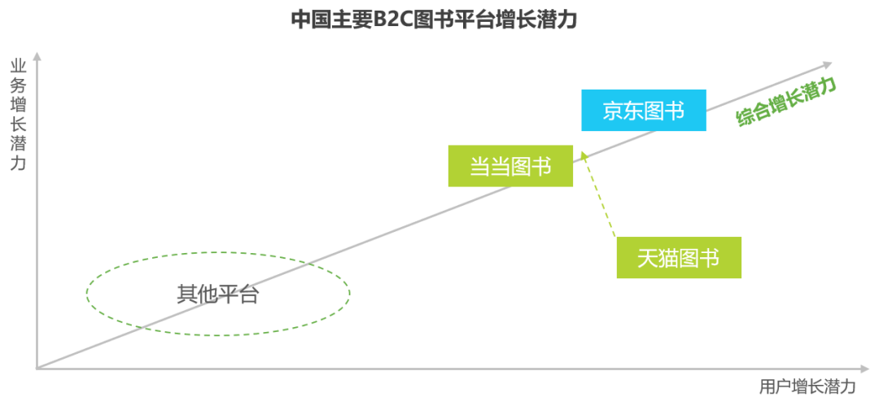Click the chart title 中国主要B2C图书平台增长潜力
435,20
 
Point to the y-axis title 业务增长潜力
17,114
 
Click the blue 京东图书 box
643,111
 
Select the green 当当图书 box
510,166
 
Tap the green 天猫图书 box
679,258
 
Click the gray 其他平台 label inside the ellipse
217,294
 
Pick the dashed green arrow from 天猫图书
599,195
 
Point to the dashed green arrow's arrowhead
583,153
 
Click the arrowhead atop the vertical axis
37,56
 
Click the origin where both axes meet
37,369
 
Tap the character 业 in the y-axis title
17,66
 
